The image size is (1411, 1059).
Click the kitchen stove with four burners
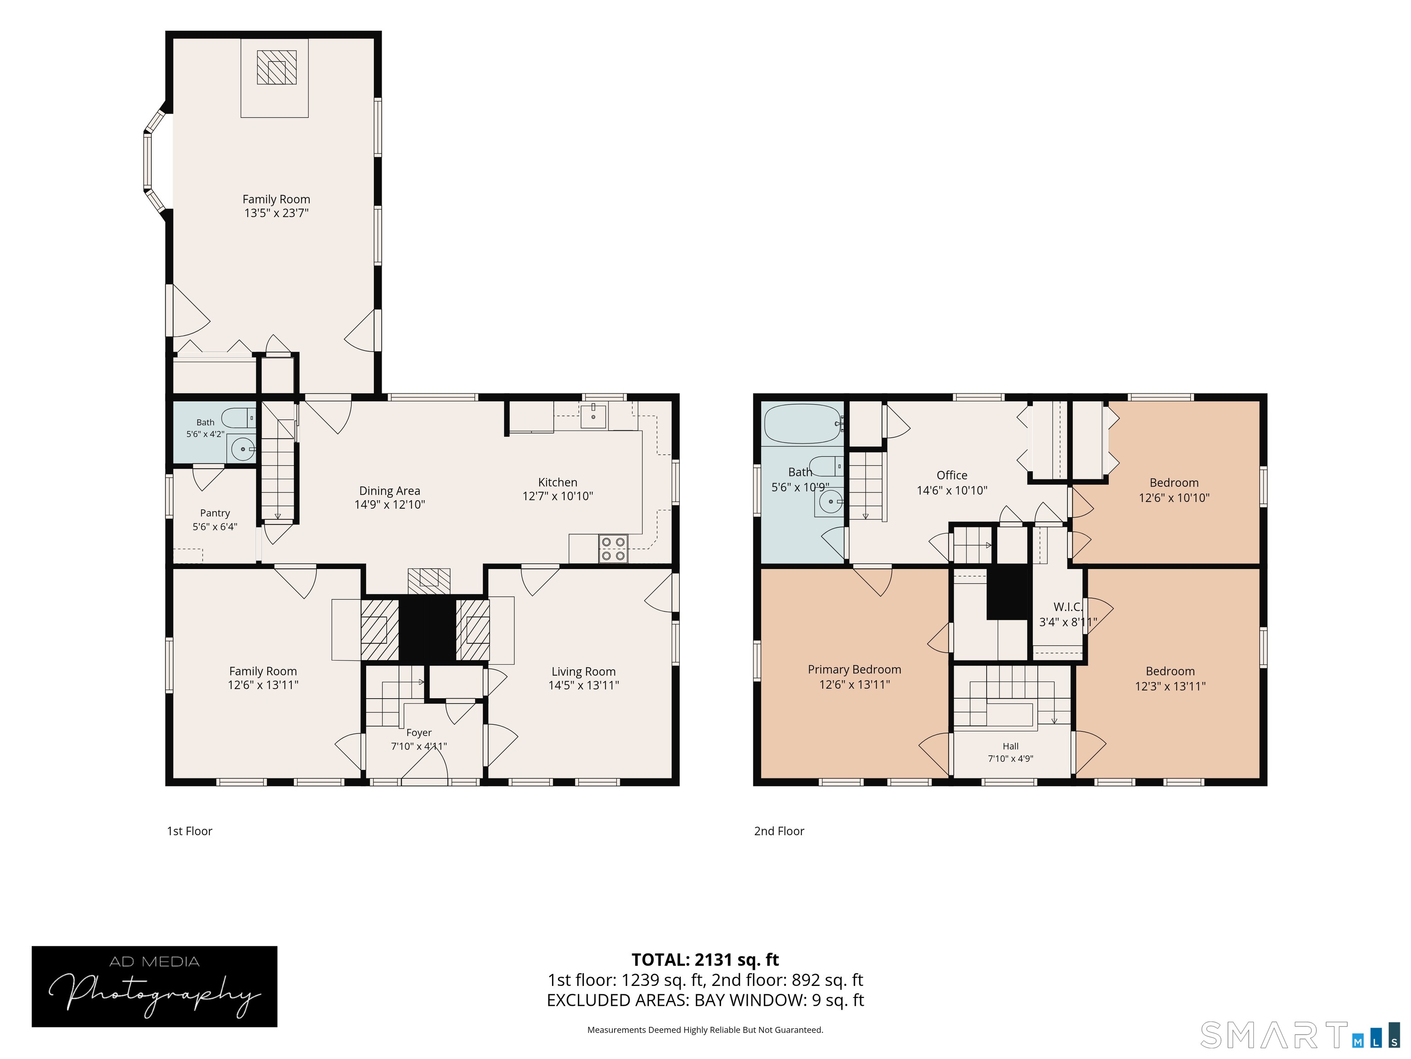pyautogui.click(x=613, y=549)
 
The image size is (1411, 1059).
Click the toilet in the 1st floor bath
pyautogui.click(x=241, y=418)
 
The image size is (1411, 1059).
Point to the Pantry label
pyautogui.click(x=215, y=513)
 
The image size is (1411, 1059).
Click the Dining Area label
pyautogui.click(x=390, y=491)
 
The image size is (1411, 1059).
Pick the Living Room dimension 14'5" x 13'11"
pyautogui.click(x=584, y=686)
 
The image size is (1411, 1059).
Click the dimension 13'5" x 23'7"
pyautogui.click(x=276, y=213)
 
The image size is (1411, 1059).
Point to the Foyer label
pyautogui.click(x=419, y=733)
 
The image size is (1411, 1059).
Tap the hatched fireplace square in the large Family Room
pyautogui.click(x=277, y=68)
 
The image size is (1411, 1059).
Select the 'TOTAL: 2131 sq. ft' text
pyautogui.click(x=705, y=960)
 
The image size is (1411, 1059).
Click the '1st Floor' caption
pyautogui.click(x=189, y=831)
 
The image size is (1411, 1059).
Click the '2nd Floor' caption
pyautogui.click(x=779, y=831)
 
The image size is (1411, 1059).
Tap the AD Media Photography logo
pyautogui.click(x=154, y=986)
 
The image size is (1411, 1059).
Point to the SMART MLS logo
pyautogui.click(x=1300, y=1035)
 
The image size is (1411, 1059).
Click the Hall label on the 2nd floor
pyautogui.click(x=1010, y=746)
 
